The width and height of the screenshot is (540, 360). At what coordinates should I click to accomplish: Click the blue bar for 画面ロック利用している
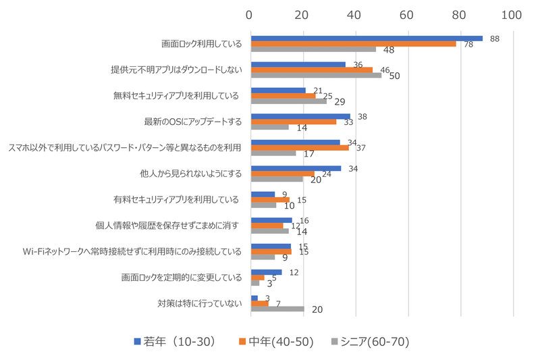pyautogui.click(x=367, y=38)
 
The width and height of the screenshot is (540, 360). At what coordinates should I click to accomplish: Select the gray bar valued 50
pyautogui.click(x=316, y=75)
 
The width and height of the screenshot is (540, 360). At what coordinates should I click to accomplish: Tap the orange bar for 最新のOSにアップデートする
pyautogui.click(x=294, y=122)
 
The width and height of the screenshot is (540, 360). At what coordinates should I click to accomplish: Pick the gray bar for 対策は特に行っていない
pyautogui.click(x=277, y=309)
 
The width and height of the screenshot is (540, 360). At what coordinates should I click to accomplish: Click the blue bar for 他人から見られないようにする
pyautogui.click(x=296, y=168)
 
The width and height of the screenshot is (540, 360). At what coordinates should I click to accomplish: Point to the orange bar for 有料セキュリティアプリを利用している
pyautogui.click(x=270, y=199)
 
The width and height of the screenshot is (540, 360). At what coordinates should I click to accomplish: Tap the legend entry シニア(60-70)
pyautogui.click(x=371, y=342)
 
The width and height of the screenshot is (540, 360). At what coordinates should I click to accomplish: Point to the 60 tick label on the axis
pyautogui.click(x=407, y=14)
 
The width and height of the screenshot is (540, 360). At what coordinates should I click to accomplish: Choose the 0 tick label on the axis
pyautogui.click(x=250, y=14)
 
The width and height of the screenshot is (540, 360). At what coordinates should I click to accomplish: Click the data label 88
pyautogui.click(x=494, y=39)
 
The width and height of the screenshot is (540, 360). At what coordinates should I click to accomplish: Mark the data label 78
pyautogui.click(x=468, y=45)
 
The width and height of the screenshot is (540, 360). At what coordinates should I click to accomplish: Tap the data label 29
pyautogui.click(x=340, y=102)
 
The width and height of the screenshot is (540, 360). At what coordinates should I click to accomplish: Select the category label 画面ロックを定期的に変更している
pyautogui.click(x=181, y=277)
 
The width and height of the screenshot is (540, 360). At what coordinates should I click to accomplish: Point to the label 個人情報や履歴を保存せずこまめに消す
pyautogui.click(x=168, y=226)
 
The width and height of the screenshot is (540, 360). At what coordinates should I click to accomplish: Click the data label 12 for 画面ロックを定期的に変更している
pyautogui.click(x=294, y=272)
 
